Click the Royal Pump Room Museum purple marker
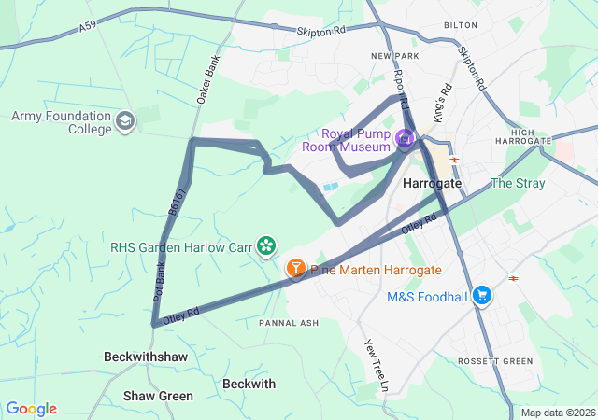[x=404, y=140]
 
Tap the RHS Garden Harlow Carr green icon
[x=267, y=245]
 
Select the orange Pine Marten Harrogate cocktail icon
[x=295, y=269]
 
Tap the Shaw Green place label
[x=159, y=396]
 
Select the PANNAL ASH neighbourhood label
[x=290, y=323]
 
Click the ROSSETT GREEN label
[x=495, y=361]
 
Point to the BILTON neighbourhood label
[x=461, y=26]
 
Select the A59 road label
[x=87, y=29]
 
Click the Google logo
[x=31, y=409]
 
